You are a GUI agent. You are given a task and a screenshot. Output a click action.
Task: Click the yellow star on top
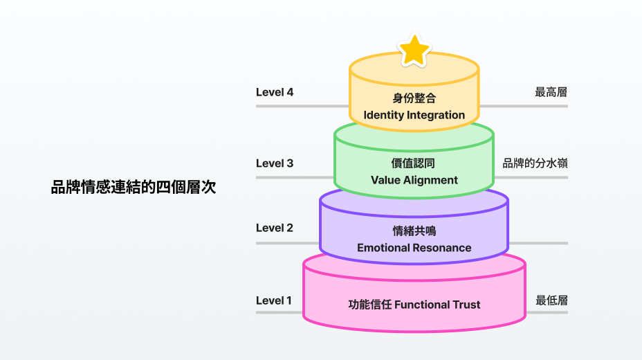414,50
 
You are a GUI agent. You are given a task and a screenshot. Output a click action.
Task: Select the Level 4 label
275,92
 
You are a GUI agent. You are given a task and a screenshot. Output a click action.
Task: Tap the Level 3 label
275,163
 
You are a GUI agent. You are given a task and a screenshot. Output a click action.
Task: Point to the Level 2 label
275,228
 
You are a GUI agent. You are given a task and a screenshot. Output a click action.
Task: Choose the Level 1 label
274,300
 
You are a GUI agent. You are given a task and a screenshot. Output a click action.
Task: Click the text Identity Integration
414,115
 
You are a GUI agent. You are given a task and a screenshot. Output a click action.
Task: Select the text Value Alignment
414,180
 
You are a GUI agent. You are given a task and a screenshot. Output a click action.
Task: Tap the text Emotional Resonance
414,247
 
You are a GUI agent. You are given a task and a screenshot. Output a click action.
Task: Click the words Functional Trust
437,305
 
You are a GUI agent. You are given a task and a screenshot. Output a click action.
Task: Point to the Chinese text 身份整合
414,98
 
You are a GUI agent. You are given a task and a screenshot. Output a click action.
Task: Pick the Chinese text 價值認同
414,163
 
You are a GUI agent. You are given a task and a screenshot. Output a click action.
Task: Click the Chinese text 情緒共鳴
414,231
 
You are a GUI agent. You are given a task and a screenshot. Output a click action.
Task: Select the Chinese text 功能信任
369,305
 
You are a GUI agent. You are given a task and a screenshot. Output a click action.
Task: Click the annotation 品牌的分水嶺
535,163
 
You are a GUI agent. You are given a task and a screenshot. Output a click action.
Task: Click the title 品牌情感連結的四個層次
134,187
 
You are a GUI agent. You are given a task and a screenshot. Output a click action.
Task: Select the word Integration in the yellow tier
436,115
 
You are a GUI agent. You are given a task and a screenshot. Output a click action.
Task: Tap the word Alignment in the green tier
430,180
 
